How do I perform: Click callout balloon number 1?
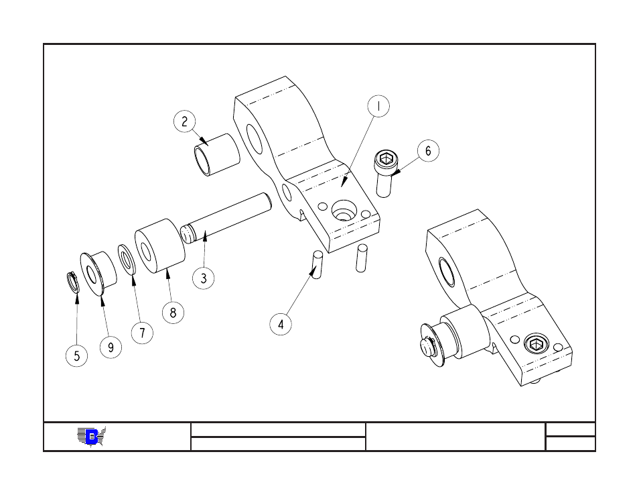[x=378, y=106]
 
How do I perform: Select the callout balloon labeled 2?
[x=185, y=121]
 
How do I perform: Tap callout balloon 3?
[x=204, y=278]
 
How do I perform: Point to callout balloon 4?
[x=281, y=325]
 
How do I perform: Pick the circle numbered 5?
[x=76, y=355]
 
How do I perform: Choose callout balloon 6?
[x=428, y=151]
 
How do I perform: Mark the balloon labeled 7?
[x=142, y=332]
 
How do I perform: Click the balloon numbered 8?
[x=173, y=313]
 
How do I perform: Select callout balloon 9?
[x=111, y=347]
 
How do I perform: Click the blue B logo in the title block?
[x=92, y=437]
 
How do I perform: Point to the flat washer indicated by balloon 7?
[x=127, y=258]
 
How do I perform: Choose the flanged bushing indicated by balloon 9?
[x=98, y=272]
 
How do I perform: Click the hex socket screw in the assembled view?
[x=535, y=345]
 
